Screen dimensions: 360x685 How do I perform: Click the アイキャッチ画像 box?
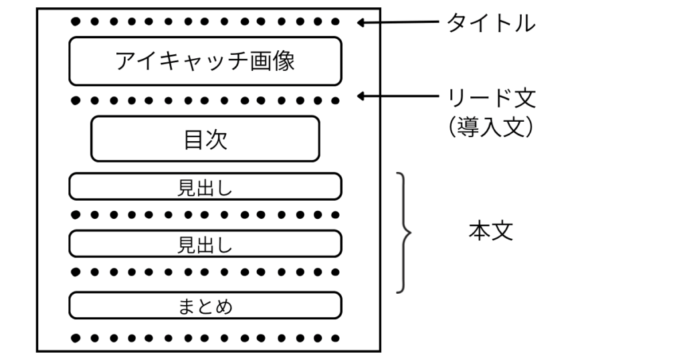[x=205, y=61]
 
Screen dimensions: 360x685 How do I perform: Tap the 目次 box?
[x=205, y=139]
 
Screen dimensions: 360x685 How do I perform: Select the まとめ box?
[x=205, y=306]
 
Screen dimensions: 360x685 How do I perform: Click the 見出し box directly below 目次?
[x=205, y=187]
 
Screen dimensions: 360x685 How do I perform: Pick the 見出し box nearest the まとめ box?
[x=205, y=244]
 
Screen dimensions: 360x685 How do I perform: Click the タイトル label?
[x=491, y=23]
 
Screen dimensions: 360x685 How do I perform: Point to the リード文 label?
[x=491, y=98]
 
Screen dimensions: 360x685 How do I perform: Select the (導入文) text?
[x=491, y=127]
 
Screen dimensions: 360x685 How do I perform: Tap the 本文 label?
[x=491, y=232]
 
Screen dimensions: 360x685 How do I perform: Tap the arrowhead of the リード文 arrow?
[x=362, y=97]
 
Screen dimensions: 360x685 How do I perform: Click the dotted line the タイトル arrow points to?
[x=205, y=21]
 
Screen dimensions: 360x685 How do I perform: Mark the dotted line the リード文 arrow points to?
[x=205, y=101]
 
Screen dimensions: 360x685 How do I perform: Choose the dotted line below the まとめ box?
[x=205, y=338]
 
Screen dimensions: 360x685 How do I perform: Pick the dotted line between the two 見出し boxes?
[x=205, y=215]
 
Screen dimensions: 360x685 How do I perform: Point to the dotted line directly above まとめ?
[x=205, y=272]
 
